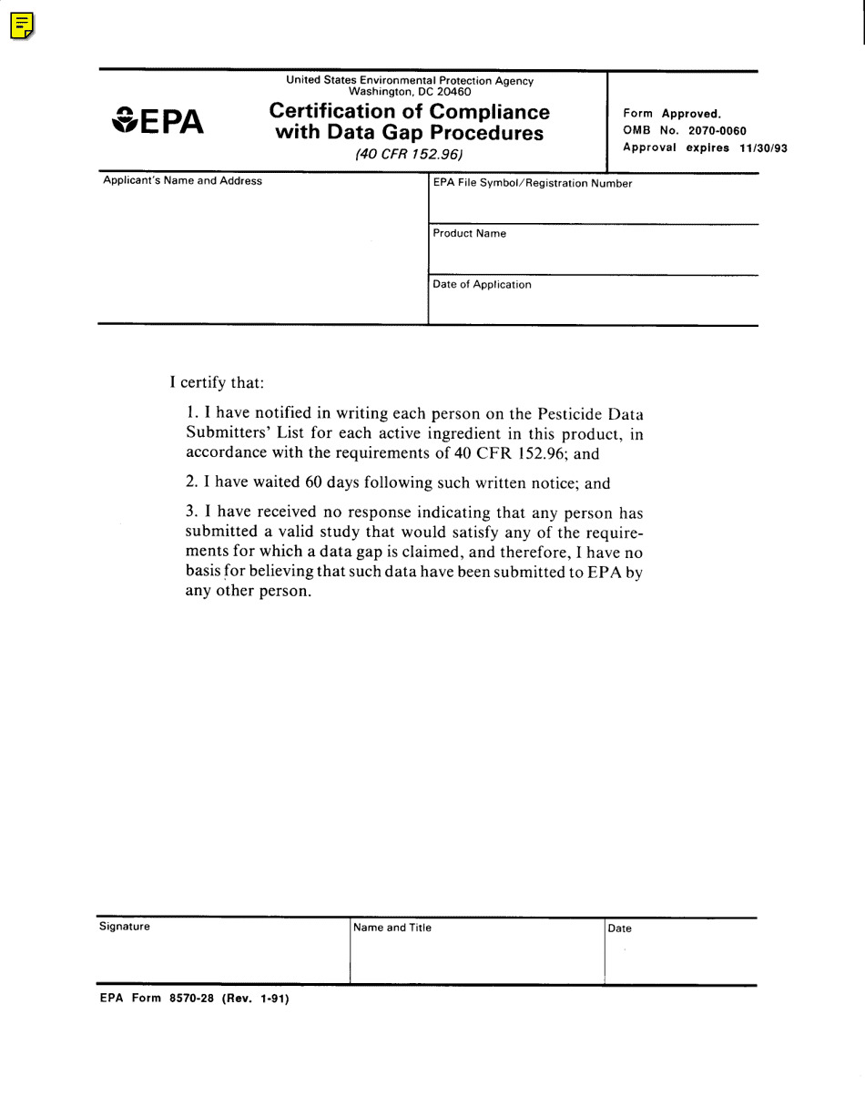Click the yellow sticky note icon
[23, 26]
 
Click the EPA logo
[158, 121]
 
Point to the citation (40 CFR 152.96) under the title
[409, 155]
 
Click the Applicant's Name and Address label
[182, 181]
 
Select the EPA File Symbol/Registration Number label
[532, 184]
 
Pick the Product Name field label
[469, 234]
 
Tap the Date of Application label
[482, 285]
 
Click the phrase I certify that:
[217, 382]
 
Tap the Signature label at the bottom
[125, 927]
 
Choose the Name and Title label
[392, 928]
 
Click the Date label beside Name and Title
[620, 929]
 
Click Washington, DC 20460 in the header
[410, 92]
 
